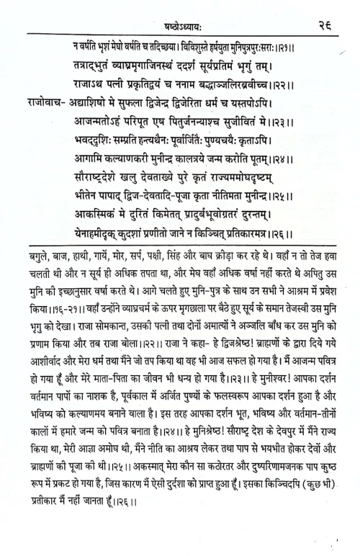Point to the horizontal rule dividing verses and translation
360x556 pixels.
pos(180,247)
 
